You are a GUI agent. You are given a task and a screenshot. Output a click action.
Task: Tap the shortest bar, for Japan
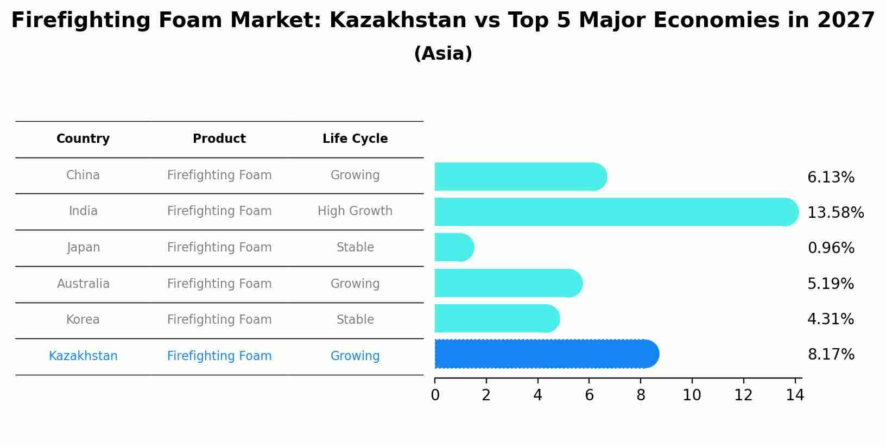(454, 247)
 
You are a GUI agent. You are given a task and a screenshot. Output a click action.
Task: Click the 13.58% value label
(835, 212)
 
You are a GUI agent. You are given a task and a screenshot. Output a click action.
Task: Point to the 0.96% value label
(831, 248)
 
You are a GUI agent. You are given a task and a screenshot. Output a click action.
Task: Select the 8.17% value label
(831, 354)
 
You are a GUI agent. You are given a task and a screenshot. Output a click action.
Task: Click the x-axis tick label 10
(692, 395)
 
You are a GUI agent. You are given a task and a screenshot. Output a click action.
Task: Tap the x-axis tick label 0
(435, 395)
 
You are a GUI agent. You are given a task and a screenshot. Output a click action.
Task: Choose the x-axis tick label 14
(795, 395)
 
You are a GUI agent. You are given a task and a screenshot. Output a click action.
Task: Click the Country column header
(83, 139)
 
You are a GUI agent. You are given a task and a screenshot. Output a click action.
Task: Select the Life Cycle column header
(355, 139)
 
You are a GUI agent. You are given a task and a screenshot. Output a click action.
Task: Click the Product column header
(219, 139)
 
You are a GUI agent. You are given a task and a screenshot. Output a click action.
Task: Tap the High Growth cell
(355, 211)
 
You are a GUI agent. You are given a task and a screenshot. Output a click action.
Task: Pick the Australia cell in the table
(83, 284)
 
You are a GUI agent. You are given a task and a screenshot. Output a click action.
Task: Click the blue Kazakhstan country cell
(83, 356)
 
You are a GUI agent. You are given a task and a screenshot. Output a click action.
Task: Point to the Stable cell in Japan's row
(355, 247)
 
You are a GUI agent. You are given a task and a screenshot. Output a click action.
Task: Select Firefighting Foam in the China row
(219, 175)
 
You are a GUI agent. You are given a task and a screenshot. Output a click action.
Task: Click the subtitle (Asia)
(443, 54)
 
